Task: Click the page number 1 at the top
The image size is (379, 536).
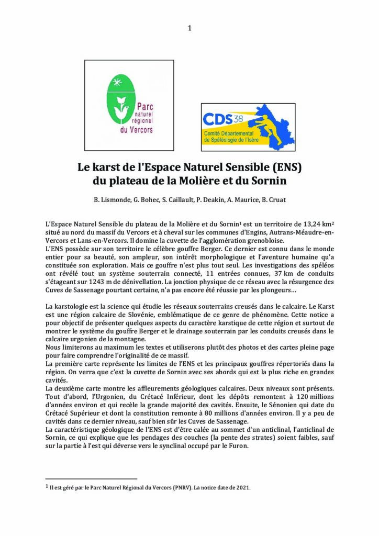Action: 189,28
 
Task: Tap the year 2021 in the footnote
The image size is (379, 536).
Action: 241,487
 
